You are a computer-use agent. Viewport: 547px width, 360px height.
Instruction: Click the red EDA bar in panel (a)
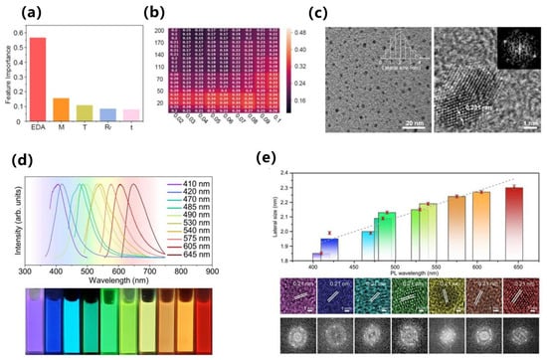point(36,80)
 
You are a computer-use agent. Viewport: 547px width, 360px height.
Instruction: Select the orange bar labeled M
point(61,110)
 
